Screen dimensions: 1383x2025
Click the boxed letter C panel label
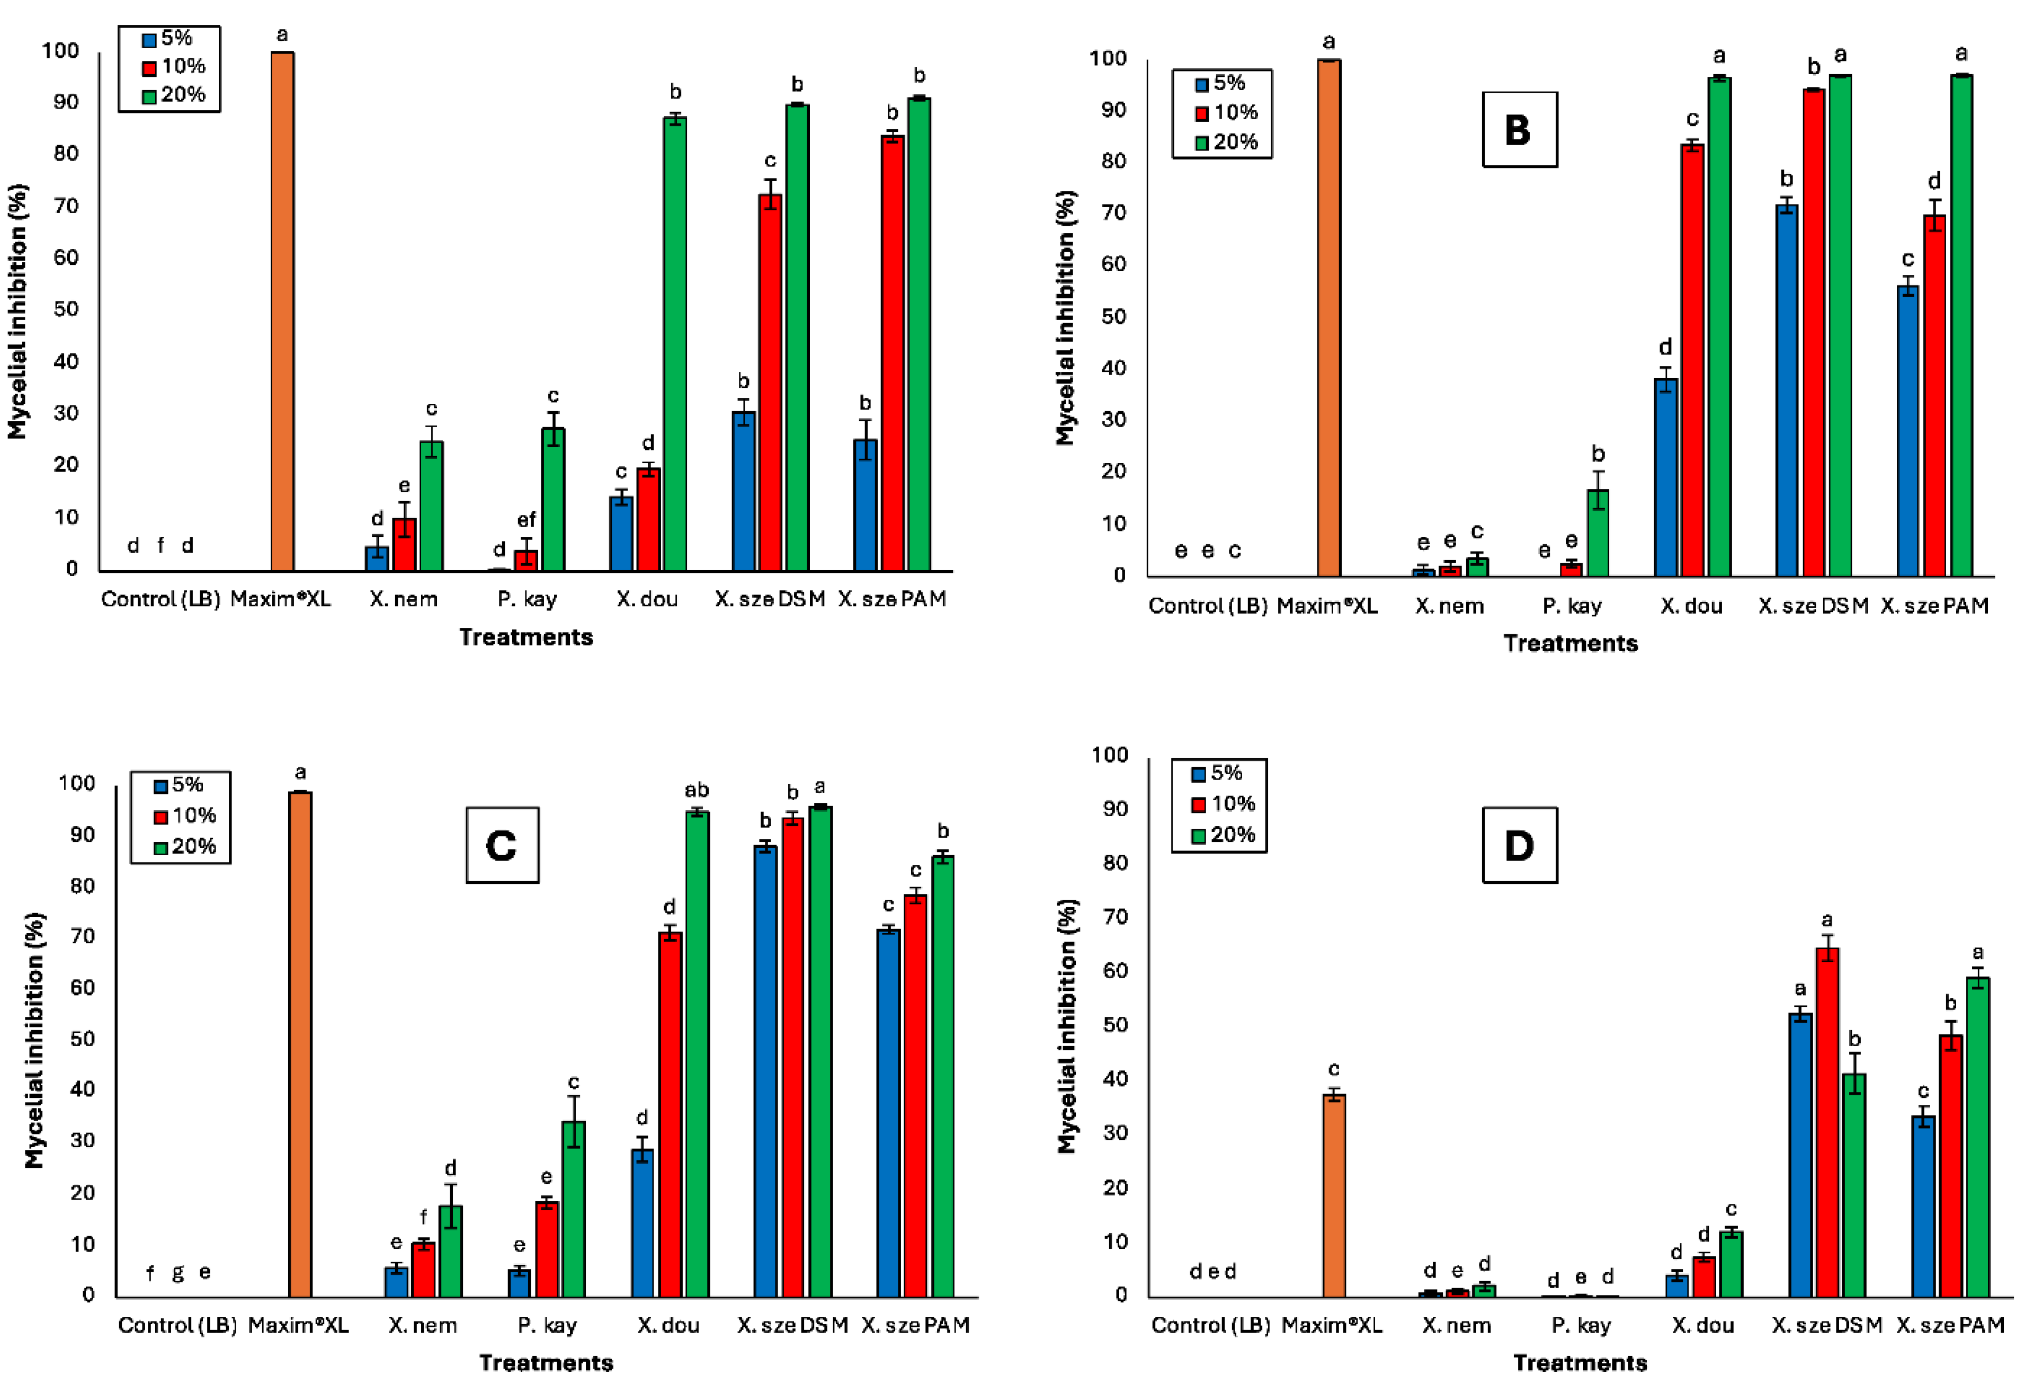pyautogui.click(x=502, y=845)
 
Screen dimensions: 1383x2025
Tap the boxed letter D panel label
pyautogui.click(x=1519, y=845)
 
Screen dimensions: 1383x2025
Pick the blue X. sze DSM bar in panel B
pyautogui.click(x=1786, y=392)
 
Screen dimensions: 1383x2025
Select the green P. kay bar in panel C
pyautogui.click(x=573, y=1211)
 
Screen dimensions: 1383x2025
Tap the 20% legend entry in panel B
pyautogui.click(x=1226, y=142)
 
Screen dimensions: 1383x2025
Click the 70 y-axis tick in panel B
pyautogui.click(x=1113, y=212)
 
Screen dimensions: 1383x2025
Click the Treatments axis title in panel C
pyautogui.click(x=546, y=1362)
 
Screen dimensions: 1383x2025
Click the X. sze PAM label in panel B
pyautogui.click(x=1934, y=606)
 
